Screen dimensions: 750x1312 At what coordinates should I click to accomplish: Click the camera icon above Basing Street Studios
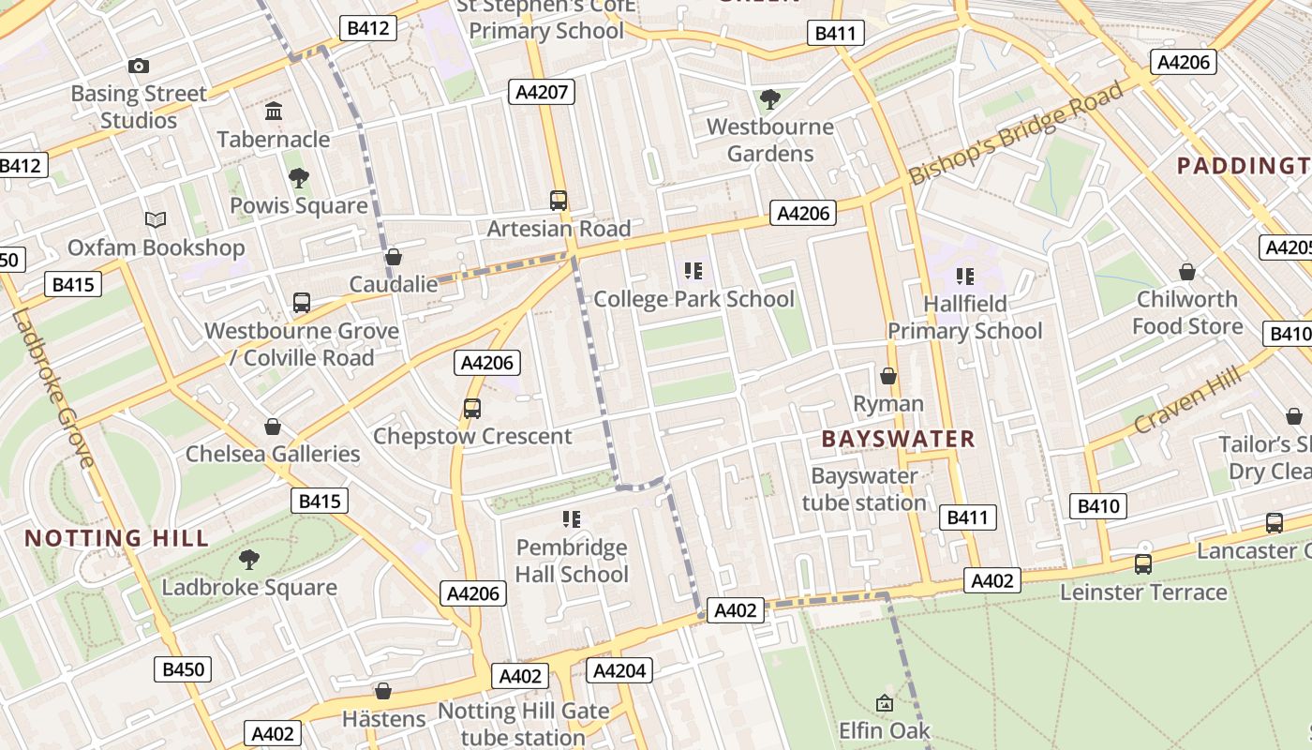tap(139, 66)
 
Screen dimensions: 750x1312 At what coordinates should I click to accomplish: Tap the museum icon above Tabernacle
tap(274, 112)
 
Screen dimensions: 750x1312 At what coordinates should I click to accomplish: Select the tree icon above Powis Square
tap(299, 177)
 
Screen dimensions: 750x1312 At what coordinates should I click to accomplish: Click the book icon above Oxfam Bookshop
tap(156, 219)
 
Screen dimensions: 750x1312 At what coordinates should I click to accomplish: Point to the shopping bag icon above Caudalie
tap(394, 257)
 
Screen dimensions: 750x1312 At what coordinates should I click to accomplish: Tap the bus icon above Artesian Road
tap(559, 200)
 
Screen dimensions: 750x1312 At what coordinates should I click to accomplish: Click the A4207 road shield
tap(541, 92)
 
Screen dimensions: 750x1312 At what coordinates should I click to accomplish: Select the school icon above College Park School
tap(693, 271)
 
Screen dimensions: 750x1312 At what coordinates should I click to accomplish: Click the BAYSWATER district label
tap(898, 439)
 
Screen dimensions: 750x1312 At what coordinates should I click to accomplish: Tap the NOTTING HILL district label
tap(116, 538)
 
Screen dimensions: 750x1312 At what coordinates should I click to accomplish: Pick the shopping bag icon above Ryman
tap(888, 376)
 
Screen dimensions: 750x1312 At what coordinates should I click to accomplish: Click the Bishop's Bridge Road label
tap(1016, 134)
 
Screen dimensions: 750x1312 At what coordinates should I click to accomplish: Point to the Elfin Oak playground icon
tap(884, 702)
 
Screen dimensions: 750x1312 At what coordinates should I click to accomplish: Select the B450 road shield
tap(183, 669)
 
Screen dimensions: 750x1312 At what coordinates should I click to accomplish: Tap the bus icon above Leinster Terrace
tap(1143, 564)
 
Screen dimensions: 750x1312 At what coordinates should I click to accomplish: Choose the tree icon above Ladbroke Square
tap(249, 560)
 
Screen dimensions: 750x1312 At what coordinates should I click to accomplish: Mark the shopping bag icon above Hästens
tap(383, 691)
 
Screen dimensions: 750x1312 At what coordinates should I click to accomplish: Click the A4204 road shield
tap(619, 670)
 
